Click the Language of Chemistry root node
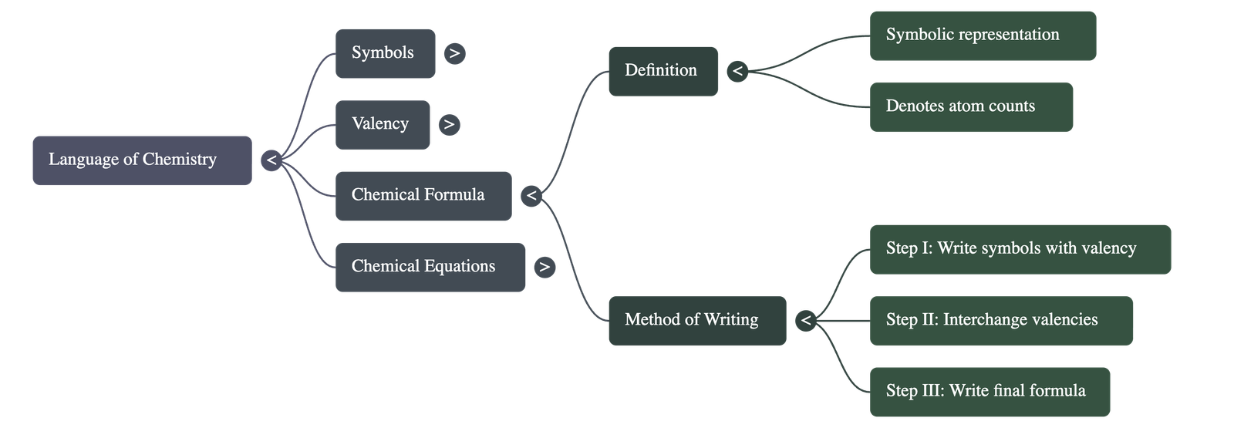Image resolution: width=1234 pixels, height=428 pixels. (142, 160)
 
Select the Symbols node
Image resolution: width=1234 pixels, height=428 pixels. (385, 53)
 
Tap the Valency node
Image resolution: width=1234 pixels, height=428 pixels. (382, 124)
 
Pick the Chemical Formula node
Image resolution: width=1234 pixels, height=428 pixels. (423, 195)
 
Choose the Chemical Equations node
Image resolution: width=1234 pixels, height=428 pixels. (430, 267)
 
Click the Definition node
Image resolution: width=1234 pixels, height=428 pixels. (663, 71)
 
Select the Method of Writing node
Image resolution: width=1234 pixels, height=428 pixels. (696, 320)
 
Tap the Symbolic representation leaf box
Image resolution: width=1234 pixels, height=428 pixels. (982, 35)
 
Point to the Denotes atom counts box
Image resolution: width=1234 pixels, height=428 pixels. (970, 106)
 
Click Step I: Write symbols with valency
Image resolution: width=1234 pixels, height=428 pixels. (1020, 249)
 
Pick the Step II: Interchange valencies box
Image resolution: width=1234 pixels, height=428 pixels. (1001, 320)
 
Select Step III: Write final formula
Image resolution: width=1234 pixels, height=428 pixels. (990, 391)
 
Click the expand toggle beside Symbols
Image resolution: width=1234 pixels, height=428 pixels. (454, 53)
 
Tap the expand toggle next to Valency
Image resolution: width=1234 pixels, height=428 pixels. (449, 124)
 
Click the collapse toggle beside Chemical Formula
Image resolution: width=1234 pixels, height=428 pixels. (531, 196)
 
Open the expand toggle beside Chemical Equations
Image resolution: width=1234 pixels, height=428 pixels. (545, 268)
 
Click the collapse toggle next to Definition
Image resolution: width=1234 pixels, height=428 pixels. (737, 72)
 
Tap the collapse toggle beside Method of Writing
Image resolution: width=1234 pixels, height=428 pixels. (806, 320)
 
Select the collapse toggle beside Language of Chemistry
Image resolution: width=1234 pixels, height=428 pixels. (271, 161)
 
